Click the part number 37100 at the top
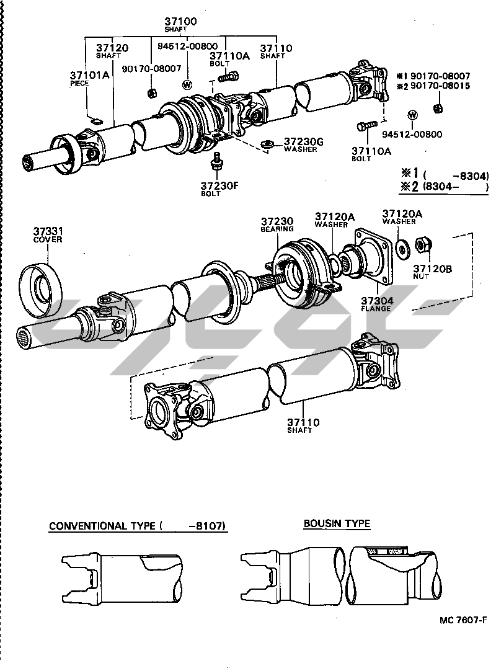coord(180,22)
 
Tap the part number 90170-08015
coord(438,86)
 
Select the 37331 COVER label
coord(48,234)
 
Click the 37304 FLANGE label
coord(376,303)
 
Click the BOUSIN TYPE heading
coord(337,523)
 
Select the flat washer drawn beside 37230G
coord(268,144)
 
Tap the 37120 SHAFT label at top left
coord(112,51)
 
